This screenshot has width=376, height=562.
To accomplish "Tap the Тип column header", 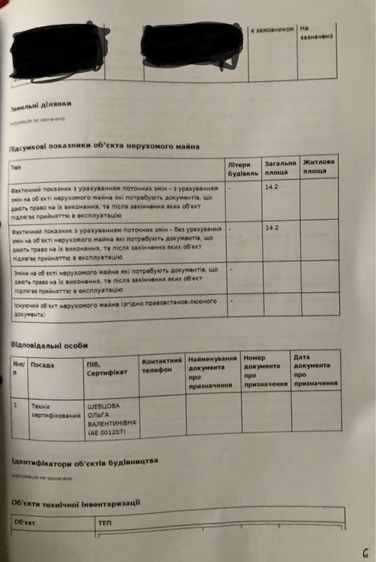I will (x=17, y=168).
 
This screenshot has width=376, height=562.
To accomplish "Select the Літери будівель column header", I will (x=243, y=169).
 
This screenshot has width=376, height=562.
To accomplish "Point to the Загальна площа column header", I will (x=280, y=167).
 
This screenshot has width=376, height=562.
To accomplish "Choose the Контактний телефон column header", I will (x=163, y=364).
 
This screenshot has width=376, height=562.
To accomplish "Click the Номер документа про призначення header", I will (x=265, y=370).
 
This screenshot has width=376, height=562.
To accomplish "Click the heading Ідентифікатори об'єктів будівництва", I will (x=84, y=462).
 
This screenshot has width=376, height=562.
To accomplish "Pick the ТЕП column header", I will (x=104, y=522).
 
